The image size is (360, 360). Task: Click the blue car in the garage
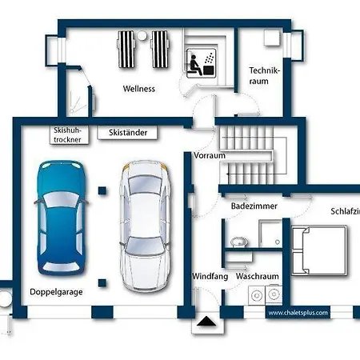click(61, 218)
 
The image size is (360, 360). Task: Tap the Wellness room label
click(139, 89)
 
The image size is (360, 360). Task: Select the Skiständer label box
click(127, 133)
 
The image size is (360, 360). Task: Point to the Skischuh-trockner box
click(70, 135)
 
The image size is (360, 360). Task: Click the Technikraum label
click(264, 76)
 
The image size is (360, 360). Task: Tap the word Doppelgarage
click(56, 292)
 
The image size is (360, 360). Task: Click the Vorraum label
click(210, 155)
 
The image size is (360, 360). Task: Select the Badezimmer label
click(254, 206)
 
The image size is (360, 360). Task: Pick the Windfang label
click(210, 276)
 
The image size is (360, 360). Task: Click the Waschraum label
click(258, 276)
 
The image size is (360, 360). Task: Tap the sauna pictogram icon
click(201, 63)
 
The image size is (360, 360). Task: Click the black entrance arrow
click(206, 321)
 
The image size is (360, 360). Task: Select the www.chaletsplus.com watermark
click(298, 313)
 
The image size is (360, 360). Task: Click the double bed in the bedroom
click(319, 250)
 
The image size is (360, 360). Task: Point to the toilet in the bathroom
click(239, 242)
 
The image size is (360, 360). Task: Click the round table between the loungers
click(142, 35)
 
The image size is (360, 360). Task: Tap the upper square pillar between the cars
click(102, 190)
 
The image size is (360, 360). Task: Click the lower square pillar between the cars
click(102, 283)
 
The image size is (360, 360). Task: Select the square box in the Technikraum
click(272, 38)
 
